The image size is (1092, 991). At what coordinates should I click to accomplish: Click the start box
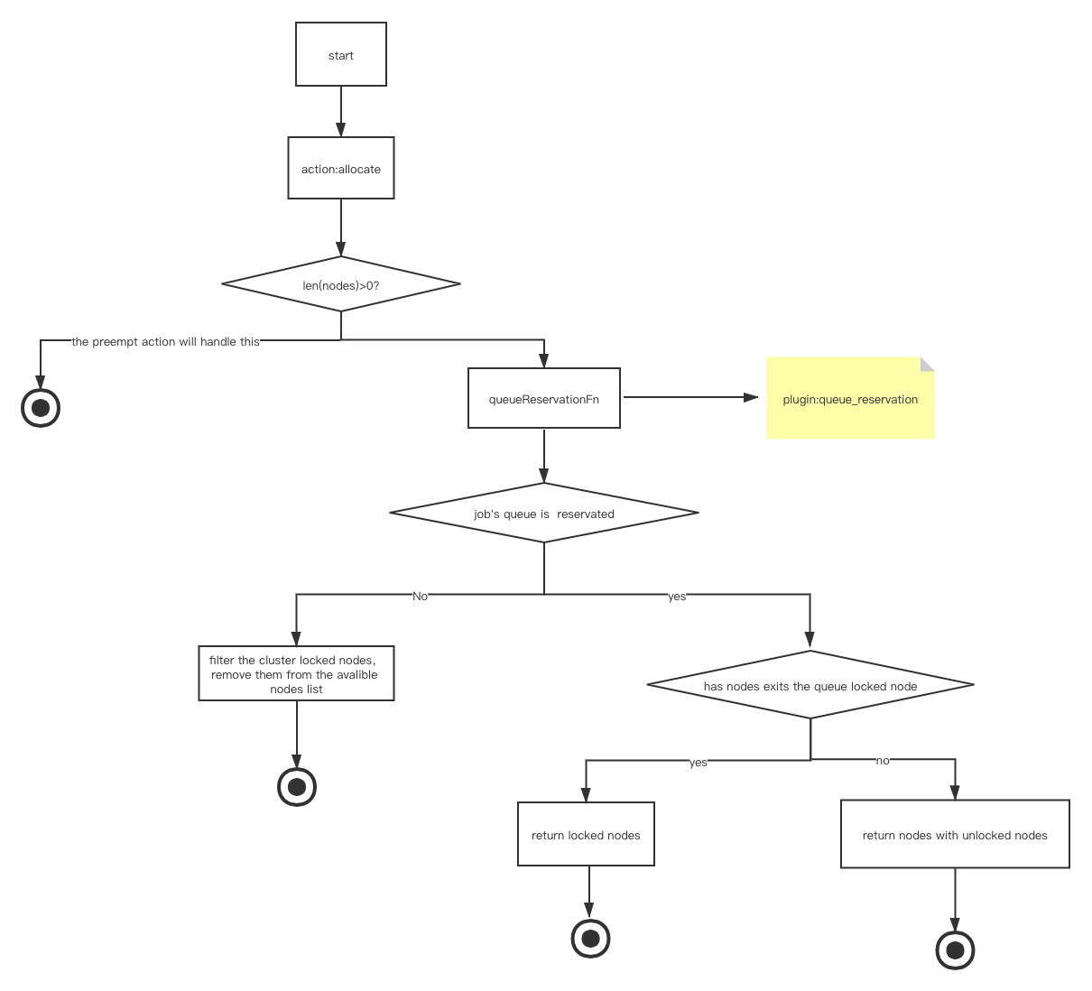click(x=341, y=54)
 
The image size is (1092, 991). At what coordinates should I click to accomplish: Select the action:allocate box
click(x=341, y=168)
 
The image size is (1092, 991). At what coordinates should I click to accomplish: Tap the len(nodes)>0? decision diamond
click(x=341, y=283)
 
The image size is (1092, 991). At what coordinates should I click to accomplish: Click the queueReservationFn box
click(x=544, y=398)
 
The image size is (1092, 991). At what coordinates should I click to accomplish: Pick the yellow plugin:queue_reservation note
click(x=850, y=398)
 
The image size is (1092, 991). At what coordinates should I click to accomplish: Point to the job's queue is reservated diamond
click(x=544, y=513)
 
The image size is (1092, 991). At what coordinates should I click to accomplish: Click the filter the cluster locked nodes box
click(x=296, y=673)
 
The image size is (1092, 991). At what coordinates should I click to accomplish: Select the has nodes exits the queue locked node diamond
click(x=810, y=684)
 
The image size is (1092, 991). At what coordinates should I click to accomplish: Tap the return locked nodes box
click(x=586, y=834)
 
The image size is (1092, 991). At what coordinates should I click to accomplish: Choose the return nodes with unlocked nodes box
click(x=955, y=834)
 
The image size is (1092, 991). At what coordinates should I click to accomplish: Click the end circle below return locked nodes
click(x=590, y=938)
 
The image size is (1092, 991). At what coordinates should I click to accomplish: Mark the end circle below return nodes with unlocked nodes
click(x=955, y=950)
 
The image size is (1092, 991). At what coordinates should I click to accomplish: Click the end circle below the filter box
click(x=297, y=787)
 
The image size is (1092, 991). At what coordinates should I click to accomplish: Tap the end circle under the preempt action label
click(x=41, y=408)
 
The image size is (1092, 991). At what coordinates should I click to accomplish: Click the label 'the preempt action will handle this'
click(x=165, y=341)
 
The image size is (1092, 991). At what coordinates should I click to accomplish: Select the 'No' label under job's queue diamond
click(x=420, y=597)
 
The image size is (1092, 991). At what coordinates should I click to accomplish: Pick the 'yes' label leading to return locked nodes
click(x=698, y=763)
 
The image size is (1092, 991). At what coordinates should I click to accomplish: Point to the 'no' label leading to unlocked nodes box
click(x=883, y=761)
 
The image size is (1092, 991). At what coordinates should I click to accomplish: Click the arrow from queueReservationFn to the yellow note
click(x=690, y=397)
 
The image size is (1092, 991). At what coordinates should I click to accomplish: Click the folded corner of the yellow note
click(x=928, y=365)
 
